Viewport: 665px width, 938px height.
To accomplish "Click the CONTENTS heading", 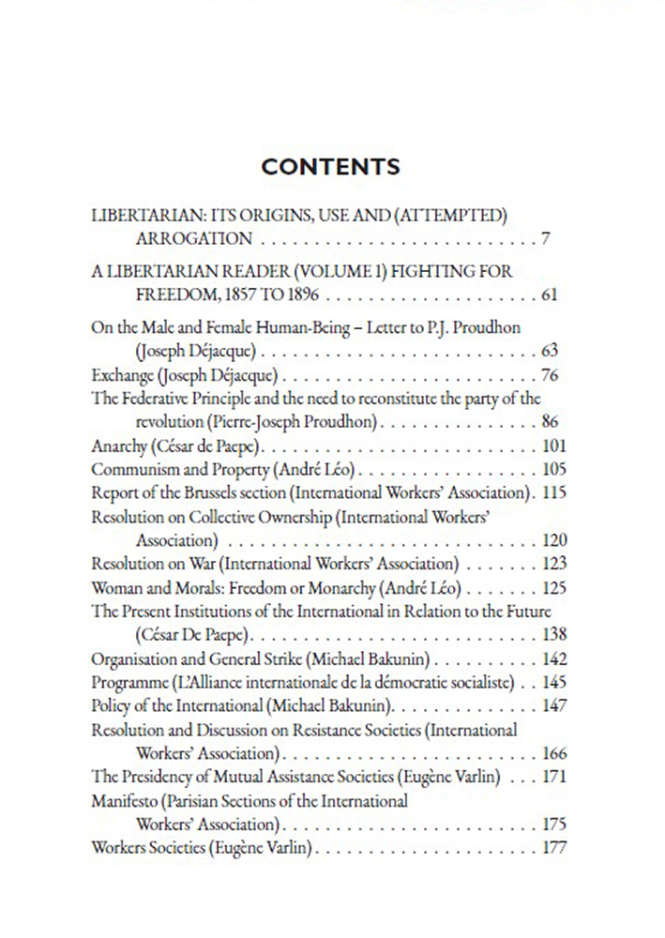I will click(x=331, y=167).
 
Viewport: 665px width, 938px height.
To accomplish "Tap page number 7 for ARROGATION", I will click(x=546, y=238).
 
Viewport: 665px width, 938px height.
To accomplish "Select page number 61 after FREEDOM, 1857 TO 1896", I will click(x=550, y=295).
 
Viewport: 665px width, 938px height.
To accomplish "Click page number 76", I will click(x=551, y=375).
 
